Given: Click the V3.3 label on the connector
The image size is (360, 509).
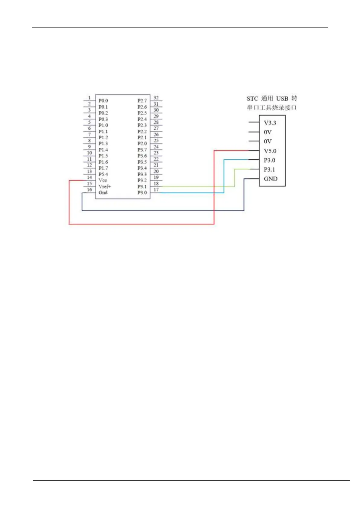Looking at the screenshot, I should coord(270,123).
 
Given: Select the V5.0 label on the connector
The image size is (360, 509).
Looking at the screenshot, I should coord(270,151).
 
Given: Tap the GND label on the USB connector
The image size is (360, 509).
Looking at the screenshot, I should coord(270,179).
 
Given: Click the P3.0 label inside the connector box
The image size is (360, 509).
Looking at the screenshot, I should coord(269,160).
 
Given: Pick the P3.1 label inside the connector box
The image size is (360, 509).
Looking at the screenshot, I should coord(269,170).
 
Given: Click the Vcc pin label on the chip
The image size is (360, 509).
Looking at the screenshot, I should coord(103,180).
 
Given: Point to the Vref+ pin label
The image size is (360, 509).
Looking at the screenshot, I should coord(105,186).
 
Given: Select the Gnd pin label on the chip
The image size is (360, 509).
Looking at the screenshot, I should coord(103,193).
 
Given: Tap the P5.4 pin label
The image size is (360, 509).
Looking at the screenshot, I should coord(103,174).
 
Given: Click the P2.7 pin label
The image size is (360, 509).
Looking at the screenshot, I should coord(142,101).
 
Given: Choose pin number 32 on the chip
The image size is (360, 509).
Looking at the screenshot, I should coord(156,98).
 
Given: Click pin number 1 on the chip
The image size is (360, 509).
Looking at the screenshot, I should coord(89,98).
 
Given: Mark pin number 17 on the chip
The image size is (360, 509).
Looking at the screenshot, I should coord(156,190).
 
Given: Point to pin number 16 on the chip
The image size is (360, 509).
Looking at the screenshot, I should coord(89,190).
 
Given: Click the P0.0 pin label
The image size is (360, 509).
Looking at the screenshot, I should coord(103,101).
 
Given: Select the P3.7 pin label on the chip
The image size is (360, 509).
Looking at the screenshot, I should coord(142,150).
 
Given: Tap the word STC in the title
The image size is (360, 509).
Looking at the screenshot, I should coord(252,99).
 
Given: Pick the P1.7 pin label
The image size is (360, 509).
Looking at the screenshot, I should coord(103,168).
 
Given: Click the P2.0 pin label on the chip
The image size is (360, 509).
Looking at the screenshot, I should coord(142,144).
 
